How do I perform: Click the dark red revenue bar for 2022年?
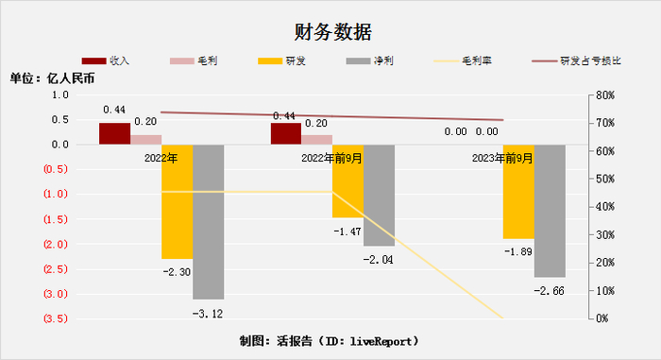tap(114, 133)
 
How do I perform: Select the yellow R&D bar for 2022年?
tap(177, 201)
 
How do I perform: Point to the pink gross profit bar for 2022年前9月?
tap(317, 139)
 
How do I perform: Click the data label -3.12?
tap(208, 312)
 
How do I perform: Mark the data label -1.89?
tap(518, 251)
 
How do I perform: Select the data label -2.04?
tap(379, 259)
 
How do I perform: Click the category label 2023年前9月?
tap(502, 159)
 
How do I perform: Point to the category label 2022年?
tap(161, 159)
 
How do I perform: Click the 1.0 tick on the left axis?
tap(59, 95)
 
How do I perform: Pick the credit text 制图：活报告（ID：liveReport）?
tap(330, 340)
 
